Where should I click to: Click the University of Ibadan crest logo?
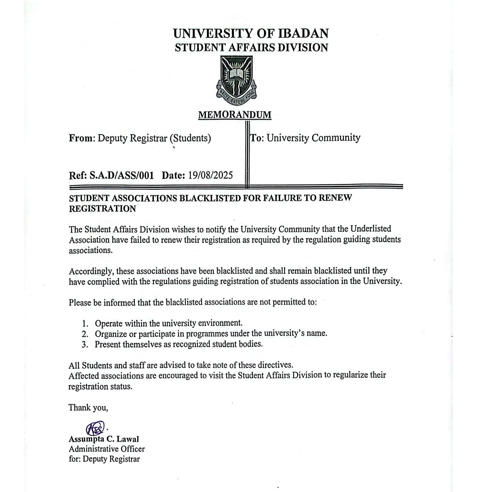236,80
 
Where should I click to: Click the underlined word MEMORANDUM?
235,115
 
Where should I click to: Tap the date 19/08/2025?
211,175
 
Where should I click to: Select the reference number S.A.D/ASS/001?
122,176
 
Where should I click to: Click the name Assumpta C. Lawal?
104,439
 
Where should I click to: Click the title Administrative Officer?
107,449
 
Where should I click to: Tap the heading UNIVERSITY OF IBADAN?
251,33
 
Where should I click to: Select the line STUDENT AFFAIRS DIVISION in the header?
251,48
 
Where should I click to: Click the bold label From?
82,138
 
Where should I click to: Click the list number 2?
85,334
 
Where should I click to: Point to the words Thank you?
88,408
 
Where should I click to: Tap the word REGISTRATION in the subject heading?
102,209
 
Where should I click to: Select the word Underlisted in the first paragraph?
371,229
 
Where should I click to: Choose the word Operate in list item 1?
109,324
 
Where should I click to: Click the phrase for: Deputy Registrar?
104,459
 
